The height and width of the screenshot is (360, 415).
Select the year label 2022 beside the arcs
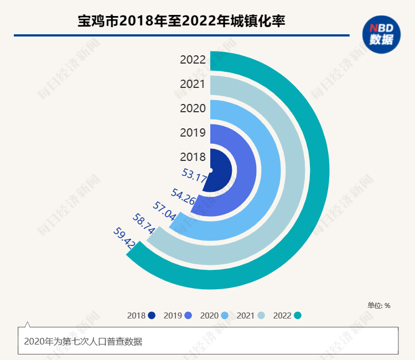point(193,60)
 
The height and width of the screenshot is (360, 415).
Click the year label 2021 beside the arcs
point(193,84)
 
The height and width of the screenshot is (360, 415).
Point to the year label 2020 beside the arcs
point(193,108)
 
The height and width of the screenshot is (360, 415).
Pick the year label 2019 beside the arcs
point(193,133)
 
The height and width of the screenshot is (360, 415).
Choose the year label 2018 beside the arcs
point(193,157)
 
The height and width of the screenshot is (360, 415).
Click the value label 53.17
point(194,175)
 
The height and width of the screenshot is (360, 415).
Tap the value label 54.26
point(183,197)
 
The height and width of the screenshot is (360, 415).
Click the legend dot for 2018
point(152,316)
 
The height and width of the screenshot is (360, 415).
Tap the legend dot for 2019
point(189,316)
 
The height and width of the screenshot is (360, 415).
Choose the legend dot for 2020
point(225,316)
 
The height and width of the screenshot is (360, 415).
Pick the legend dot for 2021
point(261,316)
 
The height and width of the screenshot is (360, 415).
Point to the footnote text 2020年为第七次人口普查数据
point(83,342)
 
